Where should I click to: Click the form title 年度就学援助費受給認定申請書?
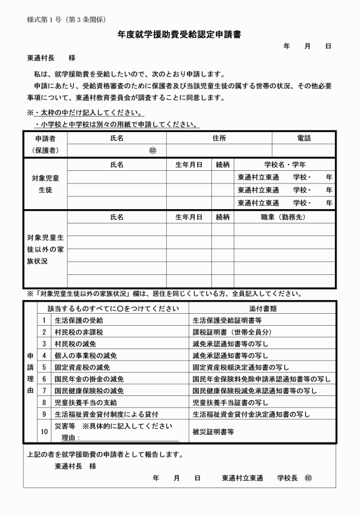point(179,35)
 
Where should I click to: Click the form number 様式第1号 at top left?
point(67,19)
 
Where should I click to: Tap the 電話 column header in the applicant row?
point(303,138)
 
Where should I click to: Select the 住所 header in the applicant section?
point(219,138)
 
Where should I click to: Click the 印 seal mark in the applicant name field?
point(152,151)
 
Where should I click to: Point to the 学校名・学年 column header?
point(284,165)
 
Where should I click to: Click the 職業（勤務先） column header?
point(284,217)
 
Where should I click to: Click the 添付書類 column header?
point(262,308)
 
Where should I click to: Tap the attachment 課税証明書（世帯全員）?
point(232,332)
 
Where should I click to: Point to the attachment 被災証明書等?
point(213,432)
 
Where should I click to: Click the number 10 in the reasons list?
point(44,432)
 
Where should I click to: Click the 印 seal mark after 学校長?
point(309,477)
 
